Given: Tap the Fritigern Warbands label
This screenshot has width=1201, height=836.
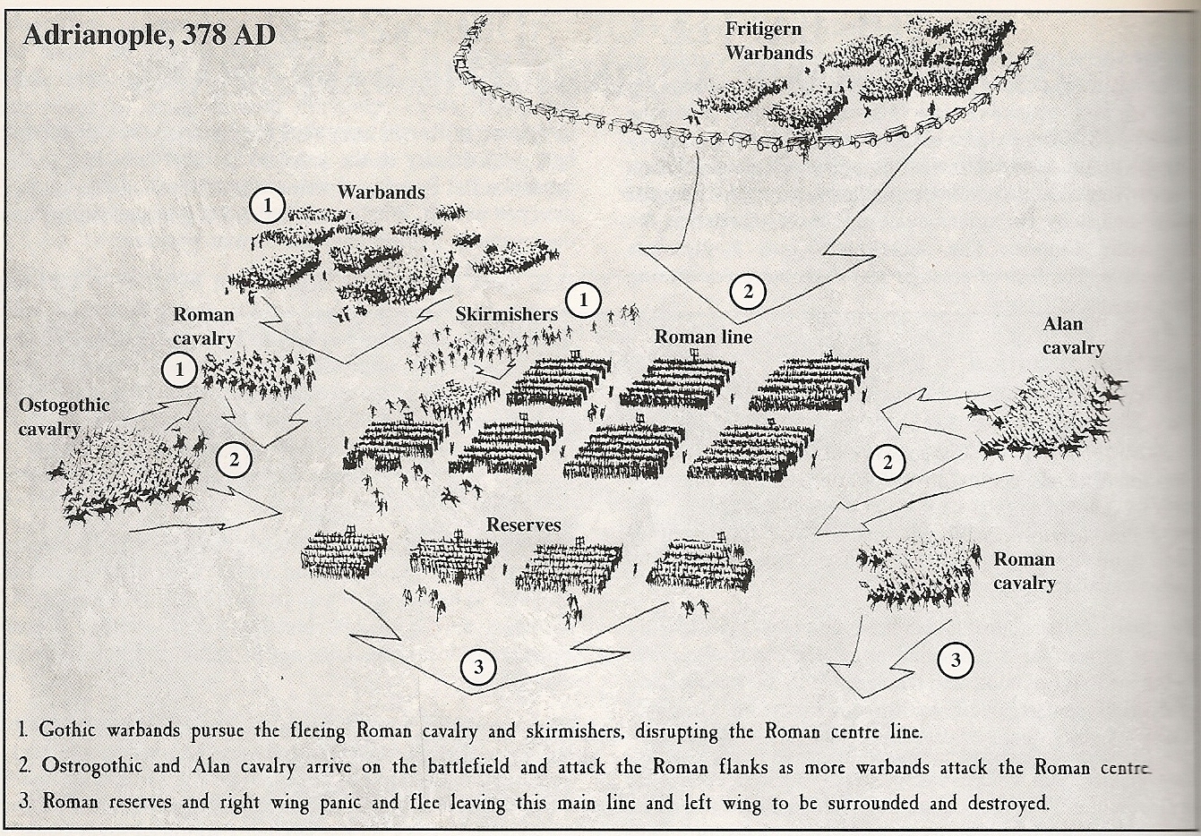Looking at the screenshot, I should pyautogui.click(x=768, y=40).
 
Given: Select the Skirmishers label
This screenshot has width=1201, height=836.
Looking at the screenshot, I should pyautogui.click(x=506, y=314).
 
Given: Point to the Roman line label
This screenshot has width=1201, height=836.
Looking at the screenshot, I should pyautogui.click(x=703, y=337).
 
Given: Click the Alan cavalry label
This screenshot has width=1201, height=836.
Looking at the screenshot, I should pyautogui.click(x=1072, y=337).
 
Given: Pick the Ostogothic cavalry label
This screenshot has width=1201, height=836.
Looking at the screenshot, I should pyautogui.click(x=64, y=417).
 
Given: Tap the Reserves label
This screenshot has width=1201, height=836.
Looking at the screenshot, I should pyautogui.click(x=524, y=524).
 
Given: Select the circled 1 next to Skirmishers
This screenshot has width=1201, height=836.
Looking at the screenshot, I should pyautogui.click(x=584, y=300).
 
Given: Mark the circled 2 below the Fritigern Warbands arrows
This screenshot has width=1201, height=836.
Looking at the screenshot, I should pyautogui.click(x=748, y=290).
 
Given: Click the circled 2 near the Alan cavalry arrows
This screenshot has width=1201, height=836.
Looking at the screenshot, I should pyautogui.click(x=888, y=463).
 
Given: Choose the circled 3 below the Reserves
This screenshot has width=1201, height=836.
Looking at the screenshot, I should pyautogui.click(x=478, y=667).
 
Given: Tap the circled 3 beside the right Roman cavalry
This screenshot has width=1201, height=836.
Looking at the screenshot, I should pyautogui.click(x=955, y=661).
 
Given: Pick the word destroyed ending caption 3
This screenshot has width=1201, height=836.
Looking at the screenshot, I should pyautogui.click(x=999, y=803).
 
